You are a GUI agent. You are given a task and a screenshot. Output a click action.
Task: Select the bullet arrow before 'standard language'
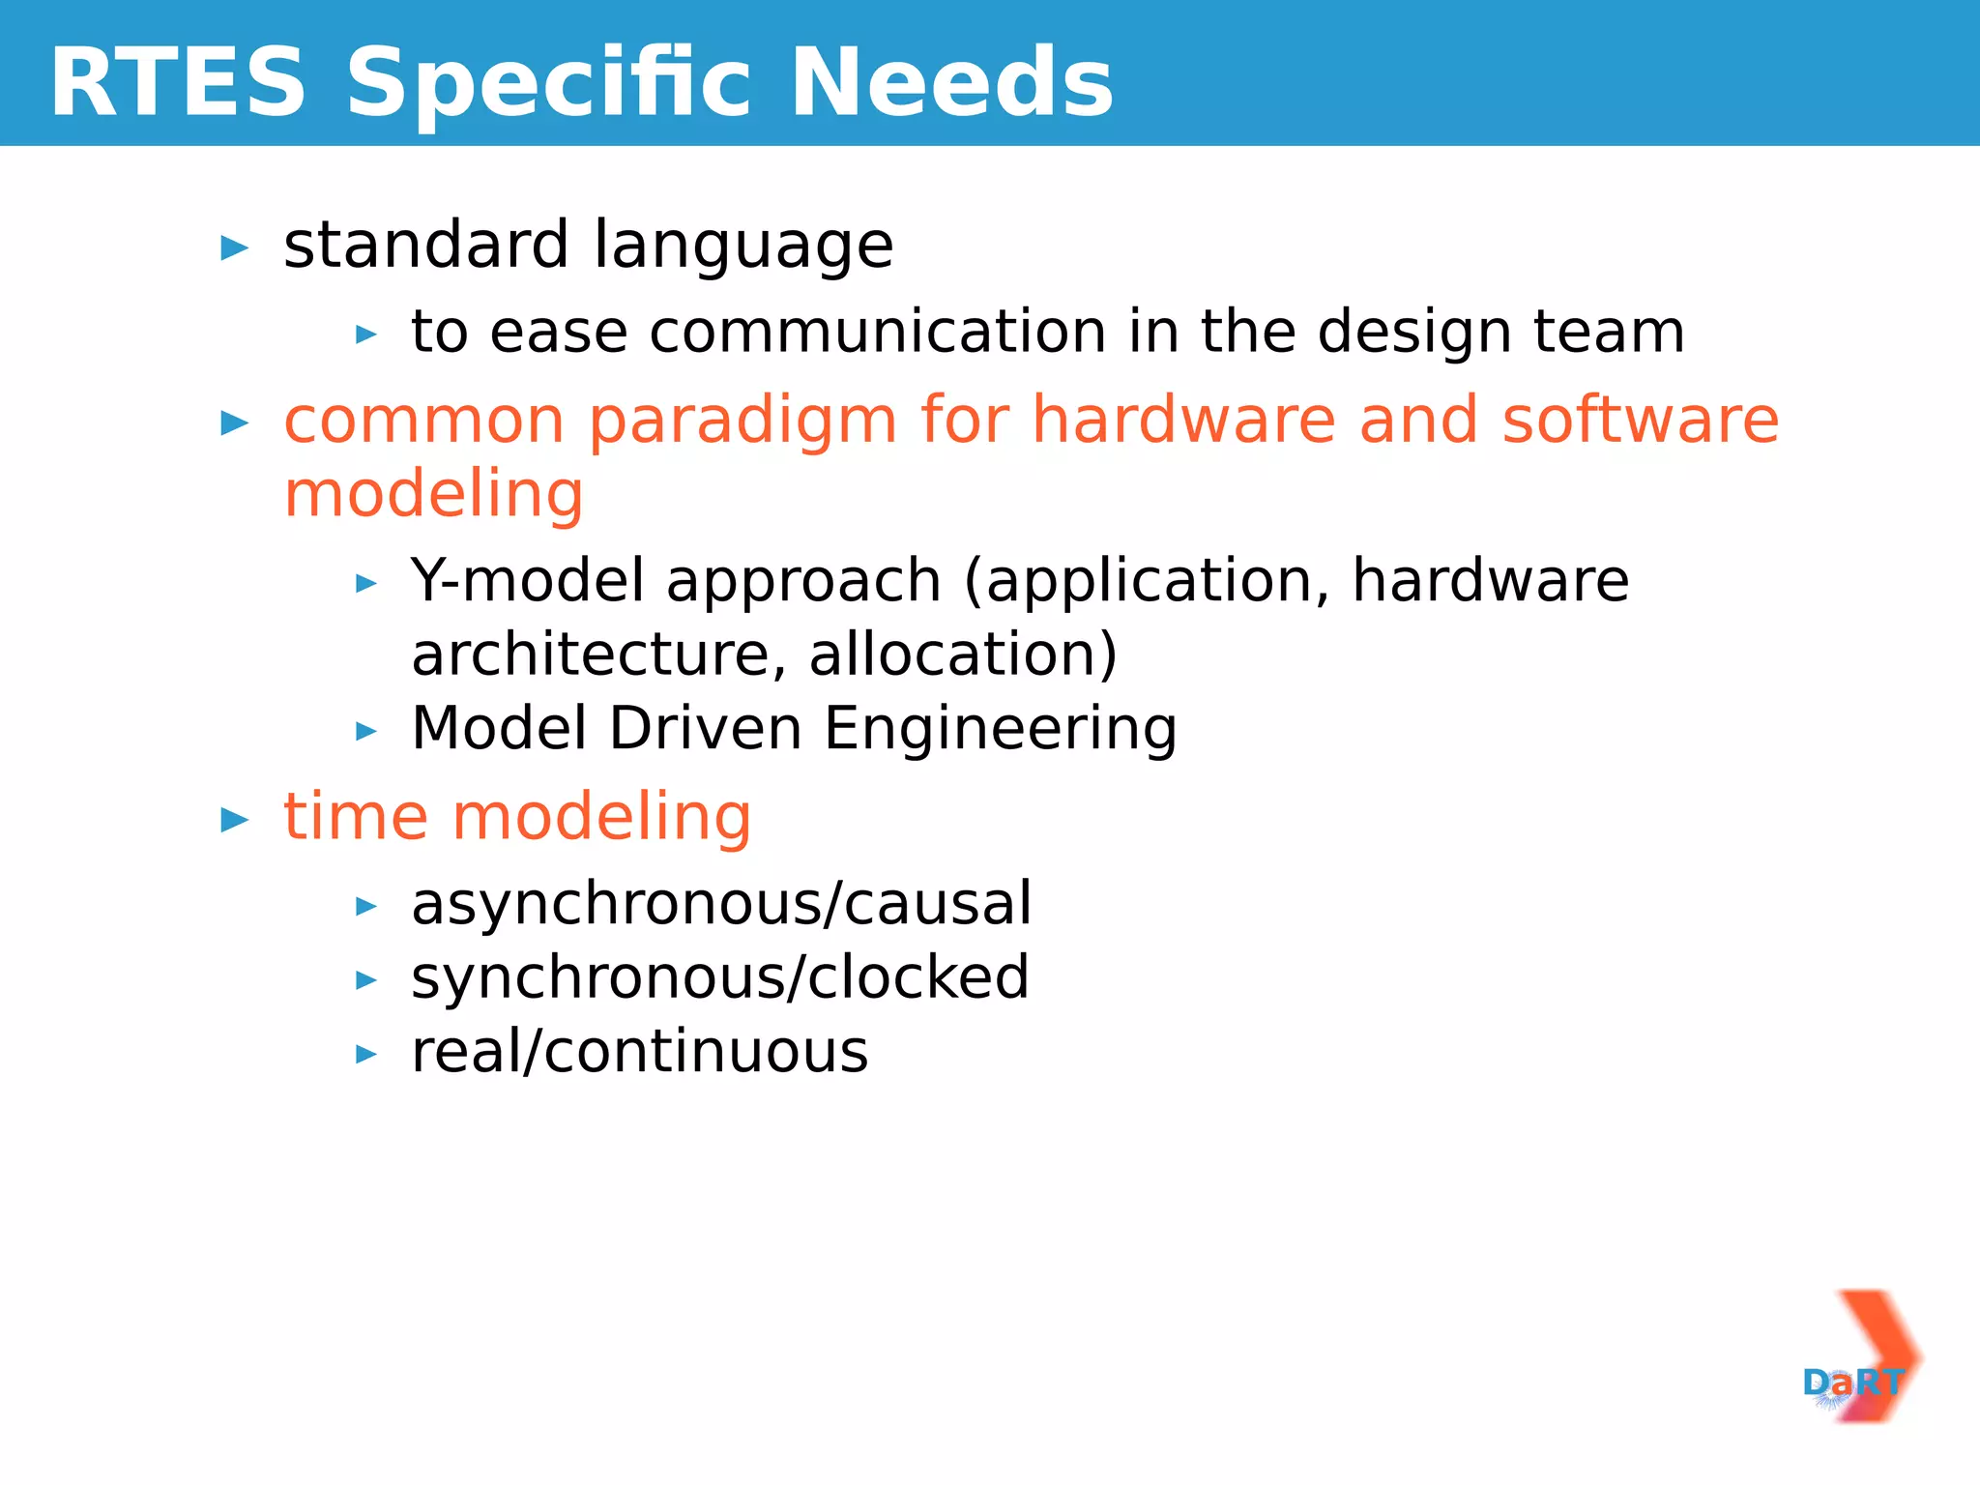[234, 248]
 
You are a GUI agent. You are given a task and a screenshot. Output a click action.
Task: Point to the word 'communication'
[877, 333]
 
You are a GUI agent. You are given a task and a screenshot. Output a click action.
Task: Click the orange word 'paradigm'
[742, 422]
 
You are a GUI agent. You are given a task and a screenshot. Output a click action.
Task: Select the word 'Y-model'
[527, 581]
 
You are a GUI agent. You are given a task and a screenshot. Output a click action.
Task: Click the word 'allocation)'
[963, 655]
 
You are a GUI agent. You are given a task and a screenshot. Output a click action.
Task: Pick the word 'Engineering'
[1000, 730]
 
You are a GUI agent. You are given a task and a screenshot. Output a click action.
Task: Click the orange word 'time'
[355, 817]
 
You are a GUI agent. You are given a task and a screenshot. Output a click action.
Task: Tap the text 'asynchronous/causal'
[721, 904]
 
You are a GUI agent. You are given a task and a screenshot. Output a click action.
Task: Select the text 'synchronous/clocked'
[719, 977]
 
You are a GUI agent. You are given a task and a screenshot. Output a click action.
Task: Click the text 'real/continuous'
[639, 1052]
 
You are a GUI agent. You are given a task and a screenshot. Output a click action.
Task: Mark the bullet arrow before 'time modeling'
[234, 820]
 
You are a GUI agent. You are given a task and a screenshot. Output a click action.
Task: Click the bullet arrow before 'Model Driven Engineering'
[365, 731]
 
